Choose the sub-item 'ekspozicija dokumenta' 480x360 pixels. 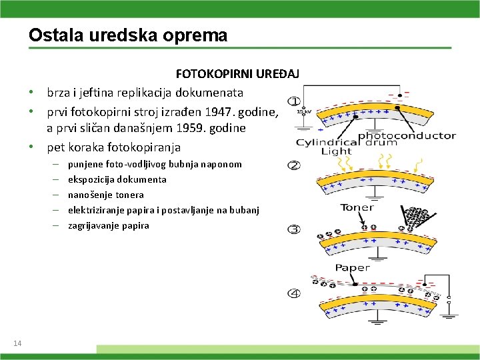117,179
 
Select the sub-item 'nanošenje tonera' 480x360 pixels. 106,195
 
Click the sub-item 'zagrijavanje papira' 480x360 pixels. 109,225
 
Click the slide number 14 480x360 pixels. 17,343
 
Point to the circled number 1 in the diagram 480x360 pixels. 294,101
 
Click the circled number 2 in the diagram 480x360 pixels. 294,165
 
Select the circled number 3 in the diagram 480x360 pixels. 294,229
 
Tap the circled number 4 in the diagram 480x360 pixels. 294,293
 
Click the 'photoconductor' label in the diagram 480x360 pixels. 407,135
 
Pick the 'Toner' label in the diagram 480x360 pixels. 358,207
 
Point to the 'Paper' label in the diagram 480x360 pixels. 352,267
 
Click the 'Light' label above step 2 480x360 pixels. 336,151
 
